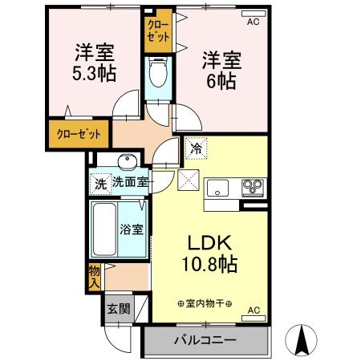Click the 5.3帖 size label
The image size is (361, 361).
pos(94,75)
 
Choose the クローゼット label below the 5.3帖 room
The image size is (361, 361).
pos(78,133)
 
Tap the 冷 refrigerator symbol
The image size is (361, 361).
pos(195,148)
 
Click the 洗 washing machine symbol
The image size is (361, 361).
pos(99,182)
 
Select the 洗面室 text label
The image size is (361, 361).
pos(129,182)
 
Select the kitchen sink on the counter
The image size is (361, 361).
pos(219,189)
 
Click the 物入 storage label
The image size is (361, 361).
pos(94,278)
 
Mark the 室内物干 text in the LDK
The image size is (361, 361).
pos(204,304)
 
